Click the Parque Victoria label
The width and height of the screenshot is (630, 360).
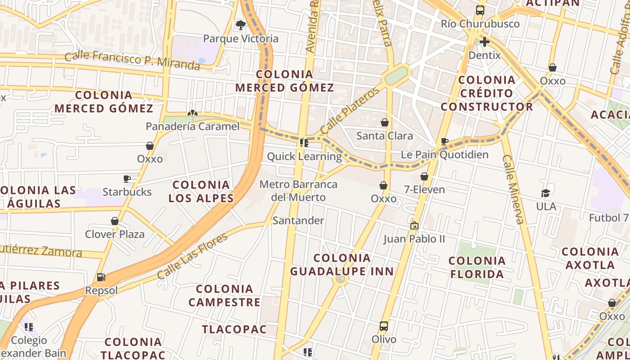tap(241, 39)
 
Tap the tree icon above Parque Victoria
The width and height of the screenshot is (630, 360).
tap(241, 25)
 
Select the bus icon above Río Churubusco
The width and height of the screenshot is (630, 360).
tap(480, 10)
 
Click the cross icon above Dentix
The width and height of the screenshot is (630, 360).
tap(485, 42)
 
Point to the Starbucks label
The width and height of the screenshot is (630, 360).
tap(127, 192)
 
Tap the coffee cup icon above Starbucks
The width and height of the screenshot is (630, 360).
tap(127, 179)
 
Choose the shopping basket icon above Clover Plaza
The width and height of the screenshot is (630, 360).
tap(115, 221)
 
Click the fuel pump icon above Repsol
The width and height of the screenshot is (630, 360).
tap(101, 277)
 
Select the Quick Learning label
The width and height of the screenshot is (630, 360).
tap(304, 157)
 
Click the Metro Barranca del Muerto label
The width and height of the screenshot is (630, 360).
tap(298, 191)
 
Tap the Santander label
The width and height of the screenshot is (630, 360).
tap(298, 220)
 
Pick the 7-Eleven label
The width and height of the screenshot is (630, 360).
tap(424, 189)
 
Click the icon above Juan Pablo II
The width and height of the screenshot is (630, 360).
tap(414, 225)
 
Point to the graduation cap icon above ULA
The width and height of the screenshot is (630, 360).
tap(546, 193)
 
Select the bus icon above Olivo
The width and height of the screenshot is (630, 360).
tap(384, 326)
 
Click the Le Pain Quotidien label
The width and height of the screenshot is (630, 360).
tap(445, 155)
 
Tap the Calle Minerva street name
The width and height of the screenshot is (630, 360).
tap(513, 189)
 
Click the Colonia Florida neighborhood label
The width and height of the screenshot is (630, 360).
tap(477, 267)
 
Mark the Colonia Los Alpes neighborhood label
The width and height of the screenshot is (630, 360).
tap(201, 191)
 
